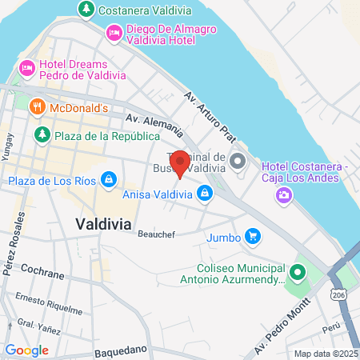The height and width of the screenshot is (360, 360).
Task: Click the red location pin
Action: point(180,164)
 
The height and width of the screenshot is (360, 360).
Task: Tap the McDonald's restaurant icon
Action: point(37,106)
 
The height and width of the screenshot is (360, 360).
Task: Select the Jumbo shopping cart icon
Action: point(253,236)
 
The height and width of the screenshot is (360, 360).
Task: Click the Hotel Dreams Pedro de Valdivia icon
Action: point(26,68)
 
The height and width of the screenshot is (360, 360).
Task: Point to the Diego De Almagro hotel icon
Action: point(113,32)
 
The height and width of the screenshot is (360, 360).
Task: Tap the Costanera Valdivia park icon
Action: point(85,10)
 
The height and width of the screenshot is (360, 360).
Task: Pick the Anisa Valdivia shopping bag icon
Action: point(206,193)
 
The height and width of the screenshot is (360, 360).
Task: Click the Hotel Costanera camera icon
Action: point(283,194)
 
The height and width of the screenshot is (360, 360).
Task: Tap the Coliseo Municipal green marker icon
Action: point(298,273)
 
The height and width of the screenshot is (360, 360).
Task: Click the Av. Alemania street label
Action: point(154,123)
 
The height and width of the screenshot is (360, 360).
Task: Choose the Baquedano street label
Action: point(121,350)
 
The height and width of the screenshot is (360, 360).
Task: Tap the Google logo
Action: point(26,350)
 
